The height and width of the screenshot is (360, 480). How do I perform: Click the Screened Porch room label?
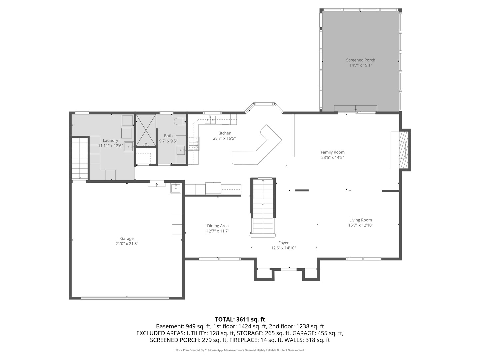360,60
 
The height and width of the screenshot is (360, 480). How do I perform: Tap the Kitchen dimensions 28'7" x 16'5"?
224,138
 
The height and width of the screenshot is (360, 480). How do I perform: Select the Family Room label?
332,152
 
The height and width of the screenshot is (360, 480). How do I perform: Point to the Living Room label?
360,220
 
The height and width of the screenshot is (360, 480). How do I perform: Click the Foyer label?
283,243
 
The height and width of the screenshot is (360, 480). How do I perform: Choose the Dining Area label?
218,226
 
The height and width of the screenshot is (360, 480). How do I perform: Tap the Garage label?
127,239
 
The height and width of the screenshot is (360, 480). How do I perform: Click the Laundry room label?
110,141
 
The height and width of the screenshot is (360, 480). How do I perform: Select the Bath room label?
168,136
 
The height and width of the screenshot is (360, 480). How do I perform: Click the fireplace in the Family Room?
403,150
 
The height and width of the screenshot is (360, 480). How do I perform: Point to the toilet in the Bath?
180,121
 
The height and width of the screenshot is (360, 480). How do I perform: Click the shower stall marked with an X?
146,131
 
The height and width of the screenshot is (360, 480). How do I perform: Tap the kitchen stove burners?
194,144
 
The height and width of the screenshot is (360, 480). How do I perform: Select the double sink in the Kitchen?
210,119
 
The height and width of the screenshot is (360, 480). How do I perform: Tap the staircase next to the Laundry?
80,158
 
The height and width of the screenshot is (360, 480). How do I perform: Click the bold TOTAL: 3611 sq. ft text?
240,320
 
